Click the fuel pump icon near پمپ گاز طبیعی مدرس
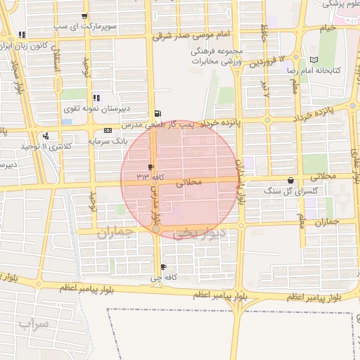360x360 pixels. point(157,113)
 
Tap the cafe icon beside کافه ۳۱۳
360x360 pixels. point(150,167)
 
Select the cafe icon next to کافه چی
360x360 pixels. point(164,267)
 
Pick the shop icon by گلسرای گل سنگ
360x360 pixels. point(291,181)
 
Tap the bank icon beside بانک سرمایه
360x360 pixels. point(107,131)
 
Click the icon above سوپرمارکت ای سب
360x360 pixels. point(85,16)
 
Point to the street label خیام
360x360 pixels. point(328,28)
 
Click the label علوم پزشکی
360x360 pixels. point(342,4)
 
